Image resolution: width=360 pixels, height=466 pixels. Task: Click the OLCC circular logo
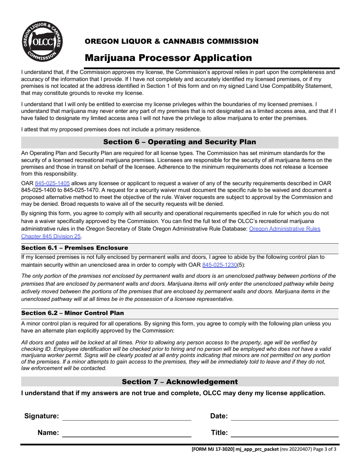[42, 42]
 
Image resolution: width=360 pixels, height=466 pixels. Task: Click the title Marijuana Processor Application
[168, 58]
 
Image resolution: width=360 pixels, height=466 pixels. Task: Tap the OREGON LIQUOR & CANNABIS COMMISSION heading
[171, 41]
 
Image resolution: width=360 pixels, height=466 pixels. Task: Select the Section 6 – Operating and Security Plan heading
[180, 142]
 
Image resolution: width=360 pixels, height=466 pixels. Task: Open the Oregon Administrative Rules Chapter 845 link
[285, 229]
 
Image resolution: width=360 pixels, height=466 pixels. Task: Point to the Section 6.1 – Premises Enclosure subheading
[75, 248]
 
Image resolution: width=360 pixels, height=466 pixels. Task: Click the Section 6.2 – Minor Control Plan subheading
[72, 313]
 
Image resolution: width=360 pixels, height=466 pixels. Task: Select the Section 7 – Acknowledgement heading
[180, 382]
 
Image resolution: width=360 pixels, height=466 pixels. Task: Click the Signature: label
[42, 416]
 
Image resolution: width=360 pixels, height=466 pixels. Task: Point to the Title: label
[219, 433]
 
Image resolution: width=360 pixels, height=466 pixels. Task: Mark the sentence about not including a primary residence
[111, 129]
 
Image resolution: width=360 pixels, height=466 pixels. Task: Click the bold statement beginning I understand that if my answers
[173, 393]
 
